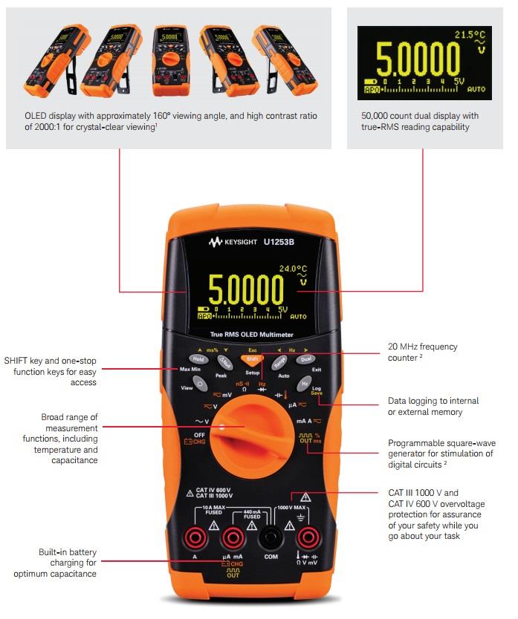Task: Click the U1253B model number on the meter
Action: (x=280, y=242)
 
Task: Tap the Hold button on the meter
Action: (x=198, y=359)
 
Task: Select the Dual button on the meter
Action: (x=305, y=359)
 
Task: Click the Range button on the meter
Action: (x=279, y=364)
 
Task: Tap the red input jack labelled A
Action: (x=195, y=537)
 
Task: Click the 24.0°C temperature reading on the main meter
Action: (x=292, y=269)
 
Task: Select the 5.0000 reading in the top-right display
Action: (x=417, y=60)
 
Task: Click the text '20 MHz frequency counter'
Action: (x=422, y=351)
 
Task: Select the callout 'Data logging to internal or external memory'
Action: (x=433, y=406)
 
